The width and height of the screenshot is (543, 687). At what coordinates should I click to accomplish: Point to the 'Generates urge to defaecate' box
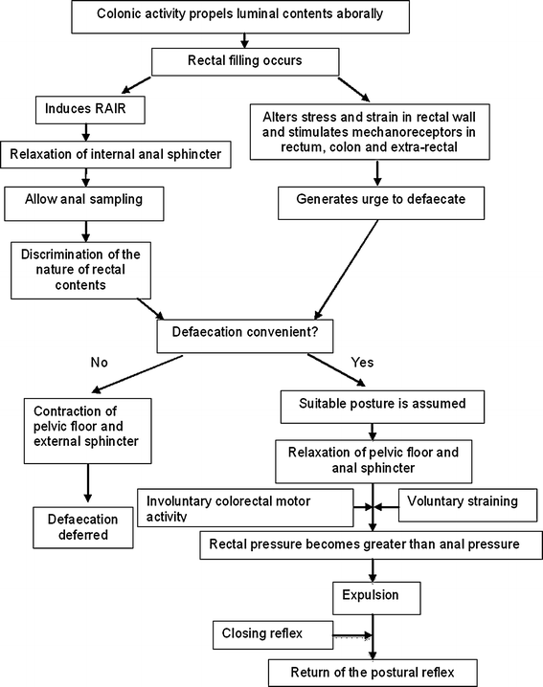click(x=376, y=202)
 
